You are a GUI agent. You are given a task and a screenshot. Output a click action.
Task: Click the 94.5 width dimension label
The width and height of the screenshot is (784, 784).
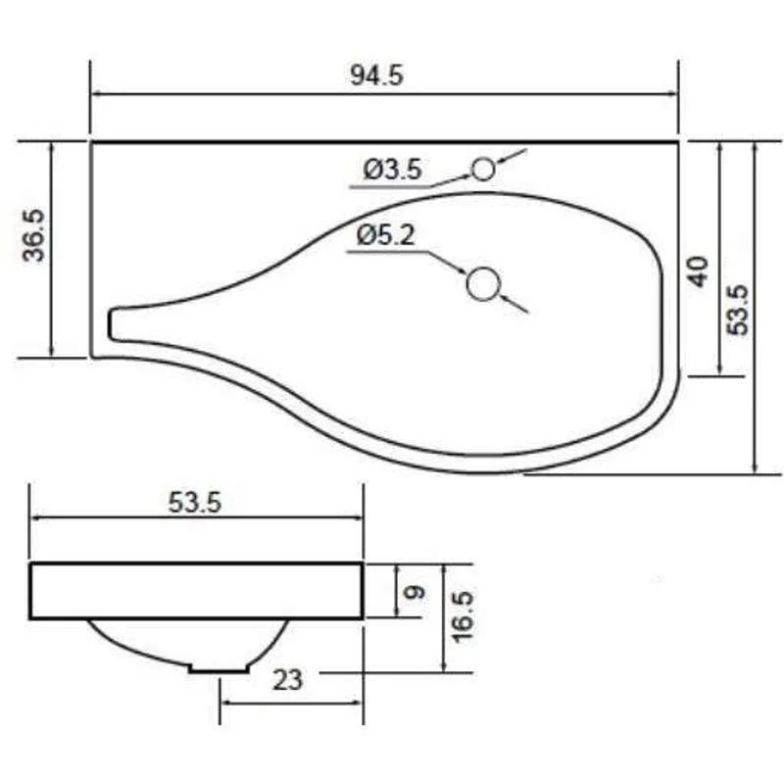click(x=376, y=76)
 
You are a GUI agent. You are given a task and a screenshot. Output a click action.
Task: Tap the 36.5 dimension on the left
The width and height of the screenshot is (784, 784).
click(x=34, y=235)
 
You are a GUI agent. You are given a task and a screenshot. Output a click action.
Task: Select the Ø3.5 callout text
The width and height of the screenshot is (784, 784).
click(x=393, y=170)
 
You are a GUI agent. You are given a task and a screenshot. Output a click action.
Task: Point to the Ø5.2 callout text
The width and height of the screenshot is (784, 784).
click(x=385, y=235)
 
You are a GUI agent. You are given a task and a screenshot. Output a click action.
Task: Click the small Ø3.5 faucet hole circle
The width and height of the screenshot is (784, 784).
click(x=483, y=169)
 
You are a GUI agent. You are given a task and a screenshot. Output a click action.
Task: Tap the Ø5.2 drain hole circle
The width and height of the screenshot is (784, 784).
click(x=483, y=284)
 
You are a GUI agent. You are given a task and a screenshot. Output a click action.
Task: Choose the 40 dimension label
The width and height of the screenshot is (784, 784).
click(x=699, y=271)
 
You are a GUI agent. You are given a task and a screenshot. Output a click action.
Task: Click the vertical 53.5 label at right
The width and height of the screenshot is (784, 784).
click(x=738, y=310)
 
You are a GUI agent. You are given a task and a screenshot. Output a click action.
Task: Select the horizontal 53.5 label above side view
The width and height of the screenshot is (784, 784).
click(x=194, y=502)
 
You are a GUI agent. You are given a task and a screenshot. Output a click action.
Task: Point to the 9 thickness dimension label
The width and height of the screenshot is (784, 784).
click(x=415, y=593)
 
